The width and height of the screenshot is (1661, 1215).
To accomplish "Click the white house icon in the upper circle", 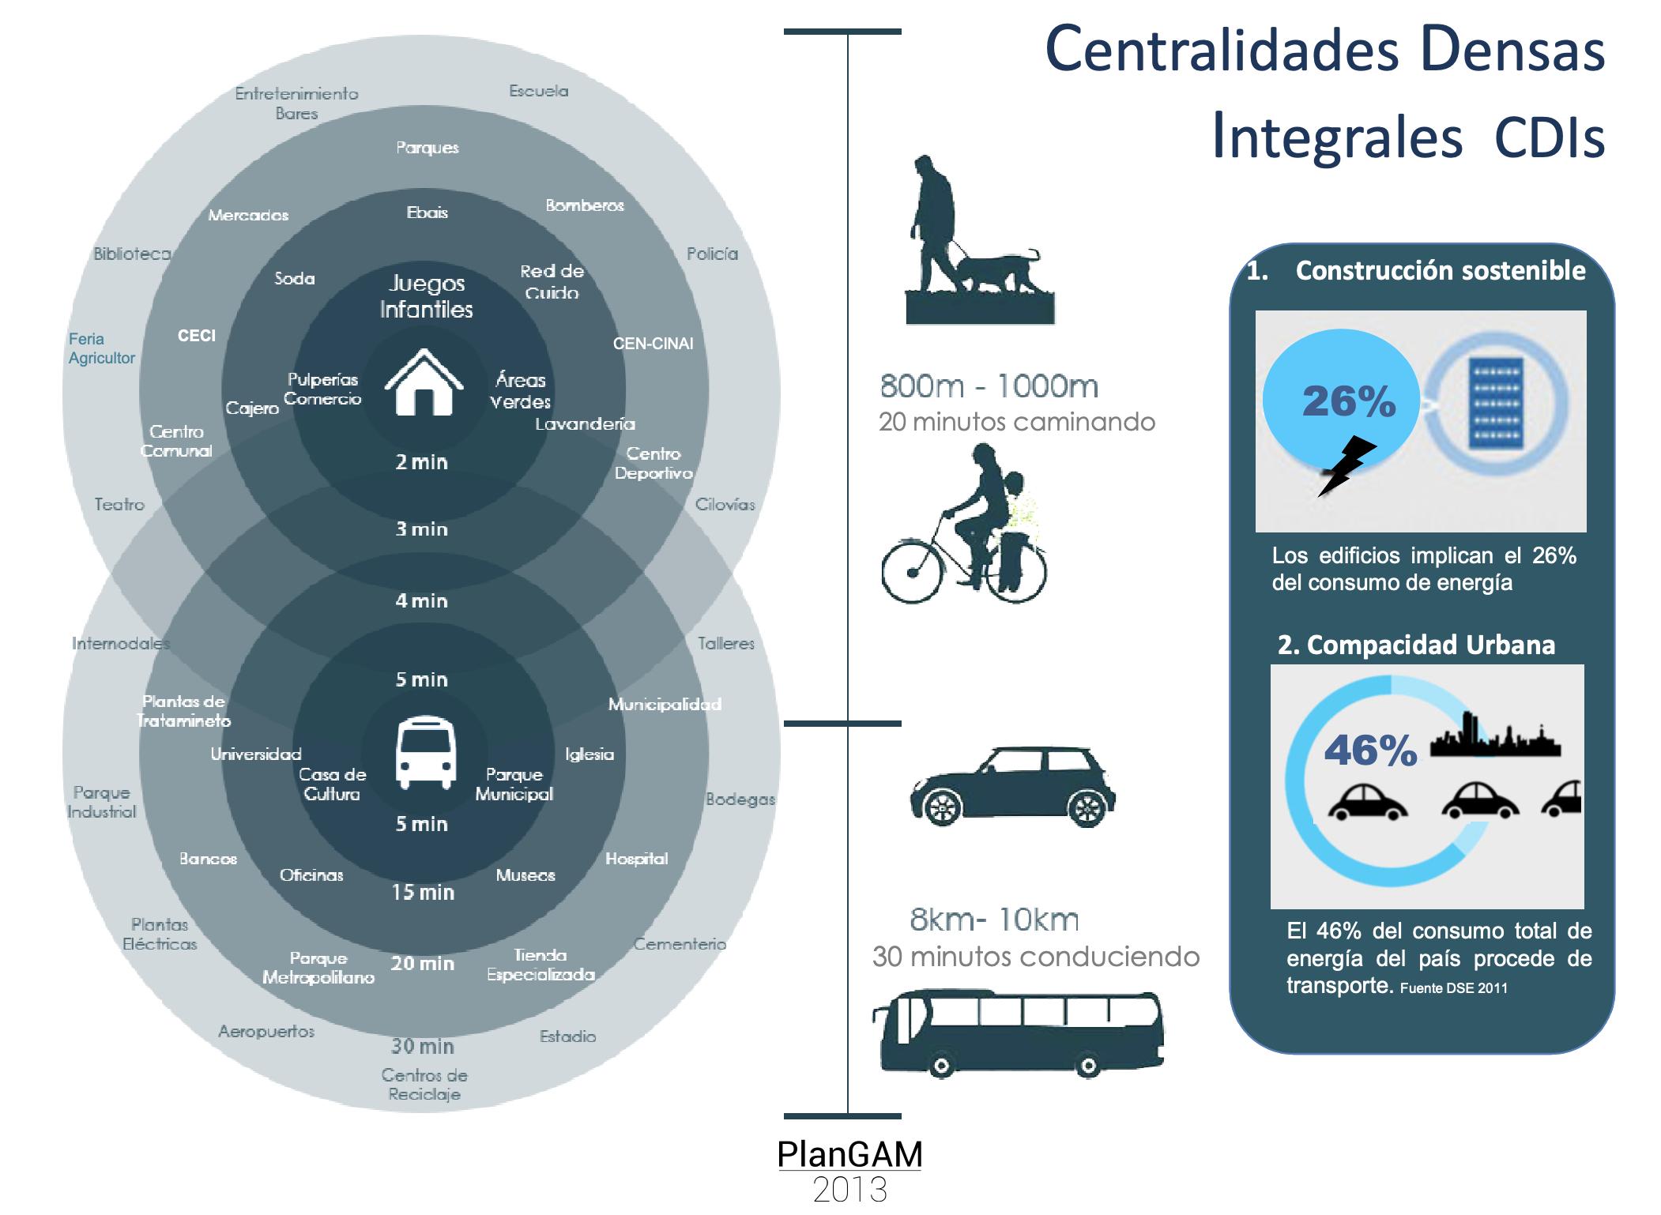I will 424,382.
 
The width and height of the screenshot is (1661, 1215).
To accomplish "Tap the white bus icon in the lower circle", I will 426,753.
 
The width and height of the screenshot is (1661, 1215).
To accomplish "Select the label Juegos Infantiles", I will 427,296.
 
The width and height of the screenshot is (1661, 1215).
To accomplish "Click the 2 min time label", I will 421,462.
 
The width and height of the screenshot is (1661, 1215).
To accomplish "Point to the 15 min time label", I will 423,893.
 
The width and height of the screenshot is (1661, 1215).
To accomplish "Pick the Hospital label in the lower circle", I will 636,859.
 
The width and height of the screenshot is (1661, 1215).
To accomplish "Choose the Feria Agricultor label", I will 101,348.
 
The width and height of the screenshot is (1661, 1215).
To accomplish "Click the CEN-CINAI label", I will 653,344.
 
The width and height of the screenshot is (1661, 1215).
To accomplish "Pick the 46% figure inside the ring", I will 1370,750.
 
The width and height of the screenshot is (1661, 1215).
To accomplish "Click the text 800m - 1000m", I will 989,387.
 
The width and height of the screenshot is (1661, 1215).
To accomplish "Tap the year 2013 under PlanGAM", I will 849,1190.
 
